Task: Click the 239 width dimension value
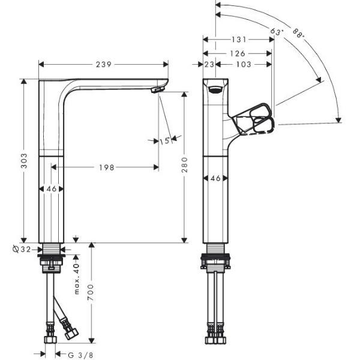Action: (104, 65)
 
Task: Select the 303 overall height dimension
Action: (24, 161)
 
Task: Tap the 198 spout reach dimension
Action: (107, 167)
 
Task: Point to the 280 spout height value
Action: (184, 165)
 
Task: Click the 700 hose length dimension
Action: (91, 292)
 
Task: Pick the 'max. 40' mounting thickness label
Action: (77, 279)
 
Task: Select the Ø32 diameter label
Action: (22, 249)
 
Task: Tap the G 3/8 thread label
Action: (80, 355)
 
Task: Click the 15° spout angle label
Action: (166, 141)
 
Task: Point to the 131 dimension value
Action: (239, 40)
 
